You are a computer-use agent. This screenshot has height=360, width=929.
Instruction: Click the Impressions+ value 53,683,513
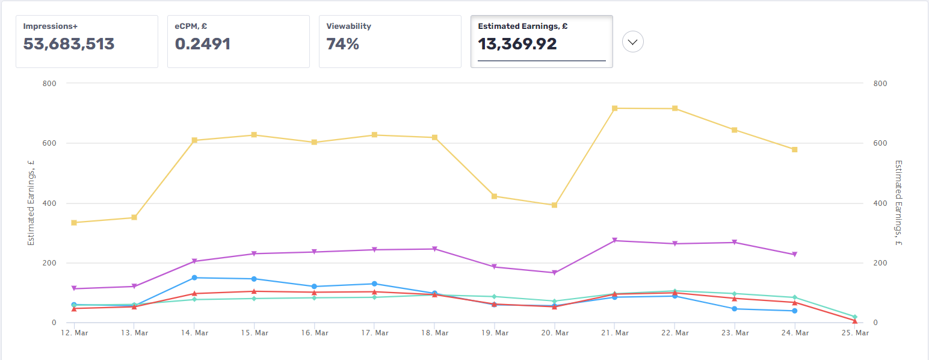[69, 44]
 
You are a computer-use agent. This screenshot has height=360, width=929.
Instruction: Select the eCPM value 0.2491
[203, 44]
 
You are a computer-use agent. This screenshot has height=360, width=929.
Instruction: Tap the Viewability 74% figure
[342, 44]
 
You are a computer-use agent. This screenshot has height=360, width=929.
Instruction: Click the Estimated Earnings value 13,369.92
[517, 44]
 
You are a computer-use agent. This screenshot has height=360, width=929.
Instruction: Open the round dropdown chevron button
[633, 42]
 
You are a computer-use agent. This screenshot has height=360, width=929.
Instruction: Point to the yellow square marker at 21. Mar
[614, 108]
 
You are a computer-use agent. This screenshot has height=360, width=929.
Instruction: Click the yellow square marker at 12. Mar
[74, 223]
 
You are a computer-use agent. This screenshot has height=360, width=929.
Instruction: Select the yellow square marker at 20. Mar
[554, 205]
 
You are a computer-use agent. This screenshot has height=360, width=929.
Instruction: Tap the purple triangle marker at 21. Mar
[614, 240]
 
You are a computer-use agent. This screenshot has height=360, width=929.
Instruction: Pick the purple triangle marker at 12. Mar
[74, 289]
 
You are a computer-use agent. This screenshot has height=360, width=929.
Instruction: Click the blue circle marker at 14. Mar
[194, 278]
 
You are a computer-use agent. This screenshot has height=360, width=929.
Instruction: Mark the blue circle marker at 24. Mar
[794, 311]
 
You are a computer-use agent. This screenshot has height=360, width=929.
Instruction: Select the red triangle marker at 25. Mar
[854, 321]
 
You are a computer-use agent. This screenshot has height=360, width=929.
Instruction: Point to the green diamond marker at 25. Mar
[854, 317]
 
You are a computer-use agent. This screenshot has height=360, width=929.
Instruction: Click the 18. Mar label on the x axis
[434, 332]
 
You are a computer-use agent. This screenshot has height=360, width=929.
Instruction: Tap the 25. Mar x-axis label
[854, 332]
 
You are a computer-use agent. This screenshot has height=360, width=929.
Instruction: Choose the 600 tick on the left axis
[49, 143]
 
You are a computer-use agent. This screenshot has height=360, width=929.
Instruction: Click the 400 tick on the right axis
[879, 203]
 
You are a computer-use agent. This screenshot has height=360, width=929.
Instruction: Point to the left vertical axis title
[31, 203]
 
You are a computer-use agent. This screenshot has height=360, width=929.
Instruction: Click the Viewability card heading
[348, 26]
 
